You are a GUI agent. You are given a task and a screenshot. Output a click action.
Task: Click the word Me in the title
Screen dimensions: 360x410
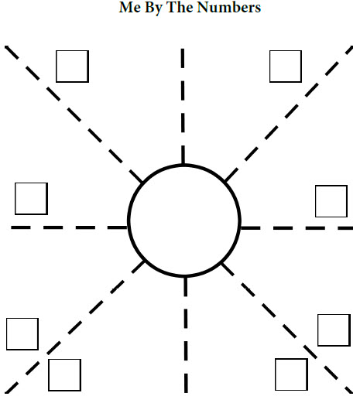tap(130, 7)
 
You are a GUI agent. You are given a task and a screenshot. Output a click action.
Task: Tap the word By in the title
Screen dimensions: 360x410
tap(153, 8)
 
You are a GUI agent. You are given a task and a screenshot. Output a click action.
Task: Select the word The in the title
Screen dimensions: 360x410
tap(180, 7)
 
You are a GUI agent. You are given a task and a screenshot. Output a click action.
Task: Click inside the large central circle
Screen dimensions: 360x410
tap(184, 220)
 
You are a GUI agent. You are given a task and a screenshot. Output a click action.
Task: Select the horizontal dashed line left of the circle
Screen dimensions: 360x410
tap(69, 227)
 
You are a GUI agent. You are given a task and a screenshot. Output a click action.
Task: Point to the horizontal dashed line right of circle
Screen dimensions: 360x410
tap(297, 228)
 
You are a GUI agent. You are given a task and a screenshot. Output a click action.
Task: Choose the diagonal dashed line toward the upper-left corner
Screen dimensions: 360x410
tap(74, 114)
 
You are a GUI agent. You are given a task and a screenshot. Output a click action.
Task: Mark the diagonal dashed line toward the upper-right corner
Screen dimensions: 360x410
tap(289, 114)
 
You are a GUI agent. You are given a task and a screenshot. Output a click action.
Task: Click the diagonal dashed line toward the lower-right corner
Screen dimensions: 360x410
tap(287, 328)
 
